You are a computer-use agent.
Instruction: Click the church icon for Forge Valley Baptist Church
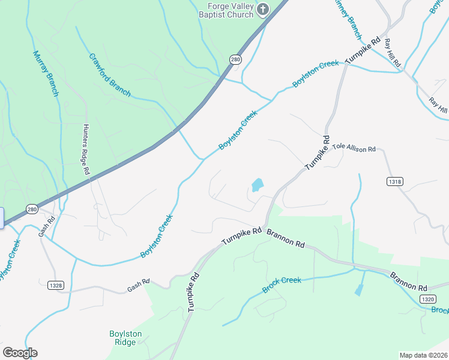[x=263, y=9]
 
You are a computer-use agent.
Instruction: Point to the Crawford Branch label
[x=110, y=75]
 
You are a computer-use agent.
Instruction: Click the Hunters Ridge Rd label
[x=85, y=149]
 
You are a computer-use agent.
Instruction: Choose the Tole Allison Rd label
[x=354, y=148]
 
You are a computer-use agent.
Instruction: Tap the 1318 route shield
[x=395, y=181]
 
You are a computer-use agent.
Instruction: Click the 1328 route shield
[x=55, y=285]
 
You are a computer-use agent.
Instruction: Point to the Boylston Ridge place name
[x=126, y=338]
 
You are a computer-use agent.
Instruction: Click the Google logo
[x=20, y=353]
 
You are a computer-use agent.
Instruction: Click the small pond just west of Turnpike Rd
[x=257, y=185]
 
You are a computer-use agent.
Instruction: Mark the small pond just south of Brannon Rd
[x=359, y=290]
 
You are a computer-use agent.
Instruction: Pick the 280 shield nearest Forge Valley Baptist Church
[x=235, y=59]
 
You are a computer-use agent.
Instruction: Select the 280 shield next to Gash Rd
[x=32, y=209]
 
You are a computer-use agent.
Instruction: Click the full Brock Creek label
[x=282, y=285]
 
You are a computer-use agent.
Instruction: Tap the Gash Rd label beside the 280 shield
[x=46, y=226]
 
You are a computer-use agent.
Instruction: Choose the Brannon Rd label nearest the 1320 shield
[x=408, y=281]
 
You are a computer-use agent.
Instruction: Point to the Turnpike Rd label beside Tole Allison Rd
[x=318, y=154]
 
